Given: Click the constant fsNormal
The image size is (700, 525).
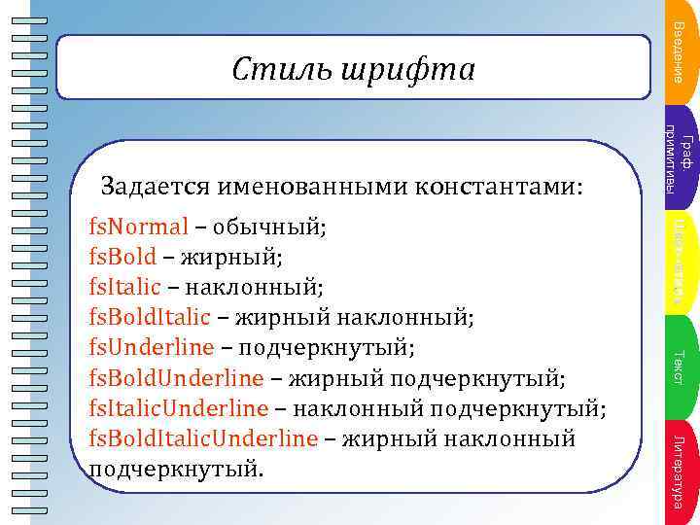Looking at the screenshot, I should point(137,228).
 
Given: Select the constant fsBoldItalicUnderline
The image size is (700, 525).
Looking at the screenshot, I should point(203,438).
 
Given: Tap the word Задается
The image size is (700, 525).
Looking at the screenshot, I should point(157,185).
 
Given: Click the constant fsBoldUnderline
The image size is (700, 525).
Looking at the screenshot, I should point(176,377).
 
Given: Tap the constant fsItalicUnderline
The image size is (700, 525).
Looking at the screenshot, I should point(178,407).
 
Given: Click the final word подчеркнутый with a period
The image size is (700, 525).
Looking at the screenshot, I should point(176,470).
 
